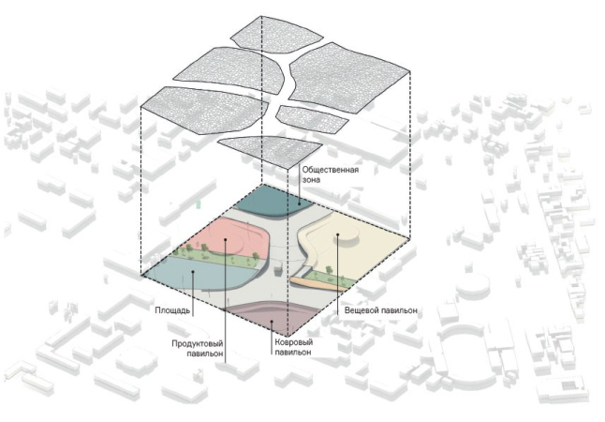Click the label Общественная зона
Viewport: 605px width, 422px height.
pyautogui.click(x=330, y=174)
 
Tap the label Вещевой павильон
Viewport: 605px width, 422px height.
pyautogui.click(x=381, y=310)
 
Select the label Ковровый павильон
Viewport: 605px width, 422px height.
pyautogui.click(x=293, y=347)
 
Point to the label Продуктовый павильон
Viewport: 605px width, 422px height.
pyautogui.click(x=198, y=348)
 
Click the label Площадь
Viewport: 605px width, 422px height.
pyautogui.click(x=172, y=310)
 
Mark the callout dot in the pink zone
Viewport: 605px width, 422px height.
pyautogui.click(x=225, y=240)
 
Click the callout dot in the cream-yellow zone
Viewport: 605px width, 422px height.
pyautogui.click(x=337, y=234)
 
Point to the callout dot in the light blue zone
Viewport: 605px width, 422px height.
pyautogui.click(x=193, y=272)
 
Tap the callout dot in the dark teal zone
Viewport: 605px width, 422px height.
pyautogui.click(x=300, y=204)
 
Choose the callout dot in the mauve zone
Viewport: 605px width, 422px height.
pyautogui.click(x=272, y=321)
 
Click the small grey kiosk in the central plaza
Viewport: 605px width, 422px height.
pyautogui.click(x=278, y=271)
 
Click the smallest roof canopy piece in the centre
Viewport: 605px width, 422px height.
pyautogui.click(x=313, y=119)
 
